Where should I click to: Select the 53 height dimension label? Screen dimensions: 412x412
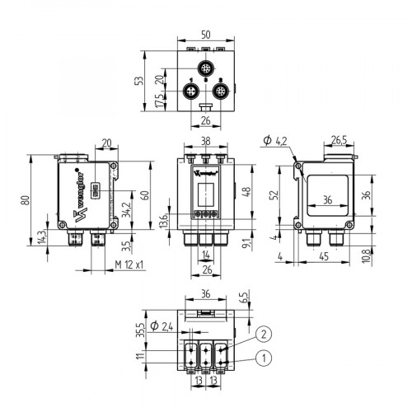[x=148, y=83]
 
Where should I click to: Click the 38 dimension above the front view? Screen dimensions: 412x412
[x=205, y=142]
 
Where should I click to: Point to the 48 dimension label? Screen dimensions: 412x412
[x=246, y=192]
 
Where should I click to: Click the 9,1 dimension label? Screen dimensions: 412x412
[x=246, y=242]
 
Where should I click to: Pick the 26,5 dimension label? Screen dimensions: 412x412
[x=339, y=139]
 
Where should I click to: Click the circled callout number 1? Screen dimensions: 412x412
[x=263, y=358]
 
